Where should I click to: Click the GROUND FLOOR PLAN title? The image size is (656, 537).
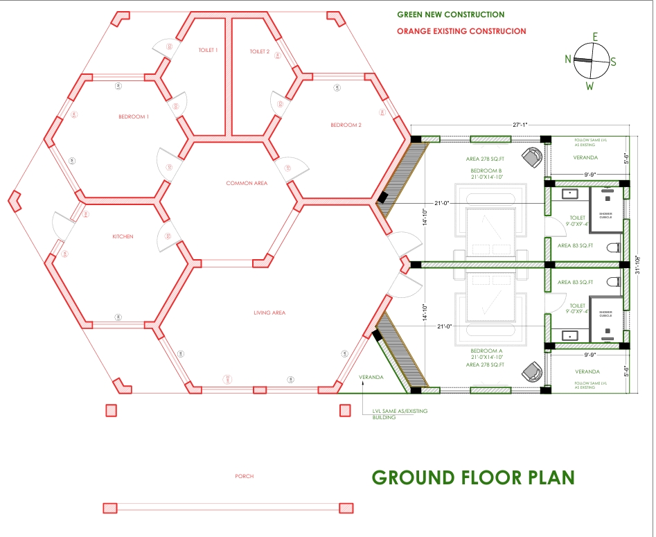[x=473, y=478]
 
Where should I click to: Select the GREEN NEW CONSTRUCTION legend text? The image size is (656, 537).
[x=450, y=15]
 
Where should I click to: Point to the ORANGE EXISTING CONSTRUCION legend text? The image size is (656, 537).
[x=461, y=31]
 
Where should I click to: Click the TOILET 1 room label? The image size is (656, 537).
[x=208, y=50]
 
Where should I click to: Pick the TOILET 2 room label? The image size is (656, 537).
[x=260, y=51]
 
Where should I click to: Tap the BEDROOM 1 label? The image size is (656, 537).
[x=133, y=117]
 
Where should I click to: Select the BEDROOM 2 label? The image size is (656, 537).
[x=346, y=125]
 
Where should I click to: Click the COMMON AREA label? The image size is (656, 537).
[x=247, y=184]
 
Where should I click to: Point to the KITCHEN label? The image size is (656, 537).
[x=123, y=237]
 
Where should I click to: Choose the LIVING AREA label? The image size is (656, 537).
[x=269, y=313]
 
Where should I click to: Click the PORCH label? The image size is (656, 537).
[x=244, y=476]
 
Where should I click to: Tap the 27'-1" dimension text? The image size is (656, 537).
[x=520, y=125]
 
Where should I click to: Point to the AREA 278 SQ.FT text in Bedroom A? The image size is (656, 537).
[x=485, y=364]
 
